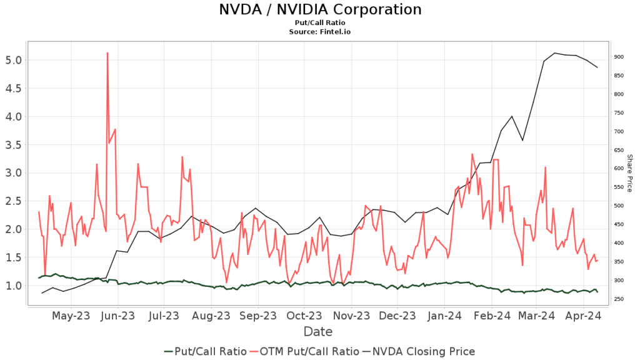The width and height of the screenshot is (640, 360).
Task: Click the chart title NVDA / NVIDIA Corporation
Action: coord(320,10)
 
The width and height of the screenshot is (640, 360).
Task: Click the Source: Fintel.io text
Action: coord(320,31)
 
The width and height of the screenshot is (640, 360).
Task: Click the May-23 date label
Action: coord(71,316)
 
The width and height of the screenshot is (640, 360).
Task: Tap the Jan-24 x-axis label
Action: coord(446,316)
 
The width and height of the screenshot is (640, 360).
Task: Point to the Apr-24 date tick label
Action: coord(583,316)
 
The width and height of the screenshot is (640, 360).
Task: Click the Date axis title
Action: coord(318,331)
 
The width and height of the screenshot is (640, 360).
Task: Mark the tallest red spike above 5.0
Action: coord(107,53)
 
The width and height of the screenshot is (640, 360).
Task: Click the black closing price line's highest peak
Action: coord(554,53)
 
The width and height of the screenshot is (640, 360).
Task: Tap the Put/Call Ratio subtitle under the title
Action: coord(320,23)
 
